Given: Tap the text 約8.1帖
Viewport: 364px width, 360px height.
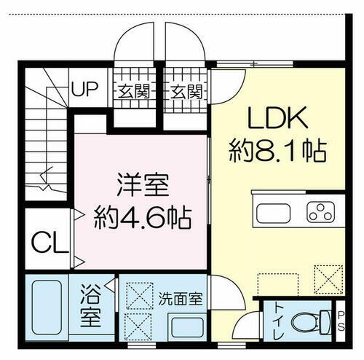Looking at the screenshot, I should (276, 152).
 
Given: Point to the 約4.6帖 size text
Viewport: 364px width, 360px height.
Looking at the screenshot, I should (143, 216).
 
